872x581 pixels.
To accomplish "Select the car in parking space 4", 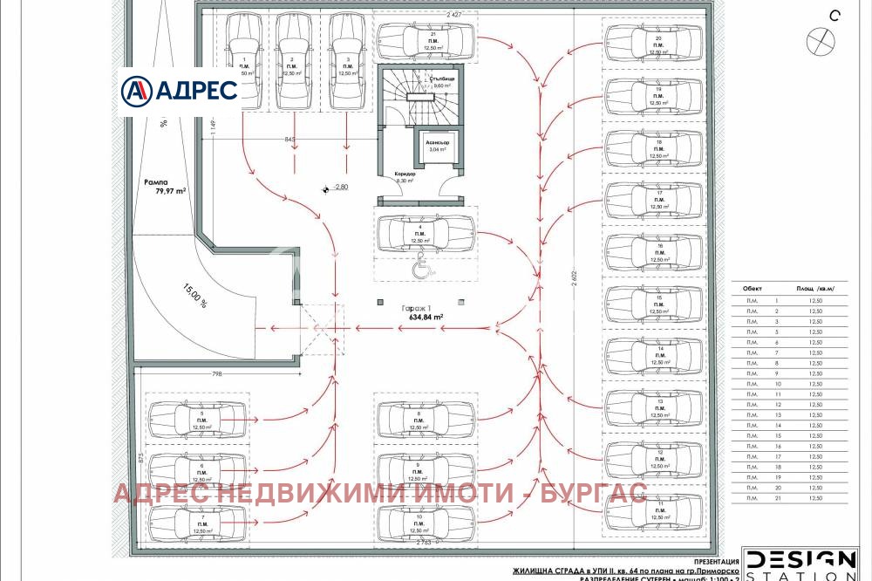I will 426,233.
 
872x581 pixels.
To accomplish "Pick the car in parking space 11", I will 653,510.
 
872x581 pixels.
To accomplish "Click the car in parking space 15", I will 653,303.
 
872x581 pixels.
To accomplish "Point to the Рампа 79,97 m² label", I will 165,188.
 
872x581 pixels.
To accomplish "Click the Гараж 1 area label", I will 422,313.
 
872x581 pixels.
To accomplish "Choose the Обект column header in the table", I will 752,288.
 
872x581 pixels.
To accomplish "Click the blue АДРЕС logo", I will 179,90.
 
